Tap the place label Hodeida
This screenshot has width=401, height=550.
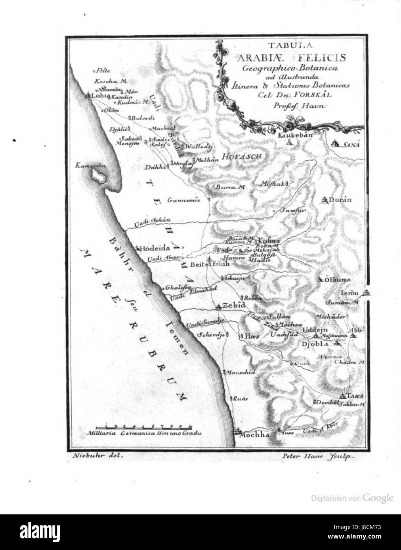point(155,248)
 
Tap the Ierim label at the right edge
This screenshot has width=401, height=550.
point(349,293)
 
